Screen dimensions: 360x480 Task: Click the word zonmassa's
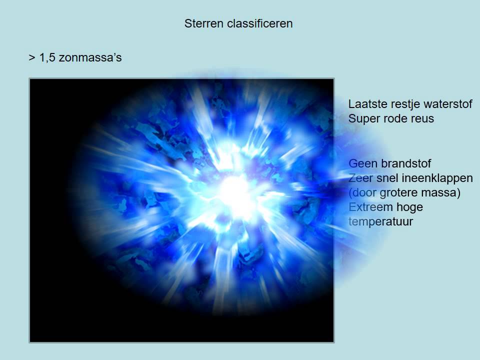(90, 58)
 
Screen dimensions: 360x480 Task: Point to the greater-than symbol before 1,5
(31, 58)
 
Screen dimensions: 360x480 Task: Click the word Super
(362, 119)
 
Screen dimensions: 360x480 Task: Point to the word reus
(422, 119)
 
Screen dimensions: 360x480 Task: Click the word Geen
(363, 163)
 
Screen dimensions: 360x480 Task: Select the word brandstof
(406, 163)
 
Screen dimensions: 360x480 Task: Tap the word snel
(388, 178)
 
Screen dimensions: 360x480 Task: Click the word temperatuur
(381, 221)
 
